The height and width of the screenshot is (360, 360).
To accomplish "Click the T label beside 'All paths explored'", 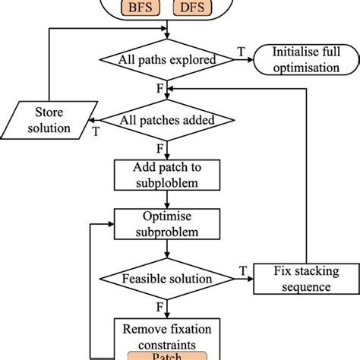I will (x=242, y=51).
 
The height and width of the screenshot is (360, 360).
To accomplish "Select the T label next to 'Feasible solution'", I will (x=242, y=270).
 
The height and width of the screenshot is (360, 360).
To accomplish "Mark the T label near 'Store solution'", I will (x=96, y=130).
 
